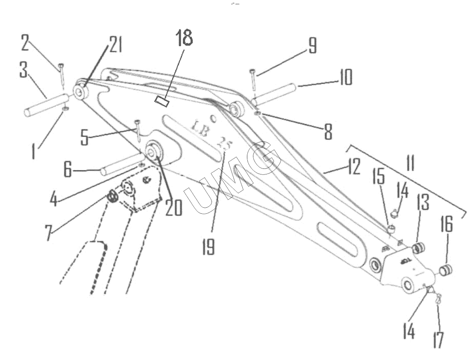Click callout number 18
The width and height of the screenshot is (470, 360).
tap(184, 38)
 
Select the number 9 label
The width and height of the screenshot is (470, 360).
tap(313, 46)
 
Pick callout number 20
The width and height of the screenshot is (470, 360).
tap(173, 208)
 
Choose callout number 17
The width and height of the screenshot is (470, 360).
tap(438, 339)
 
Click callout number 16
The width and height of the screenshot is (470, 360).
tap(446, 224)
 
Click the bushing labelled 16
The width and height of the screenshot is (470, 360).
tap(446, 270)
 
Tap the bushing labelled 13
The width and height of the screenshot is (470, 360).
tap(418, 248)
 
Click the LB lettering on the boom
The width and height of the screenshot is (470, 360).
tap(200, 128)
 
